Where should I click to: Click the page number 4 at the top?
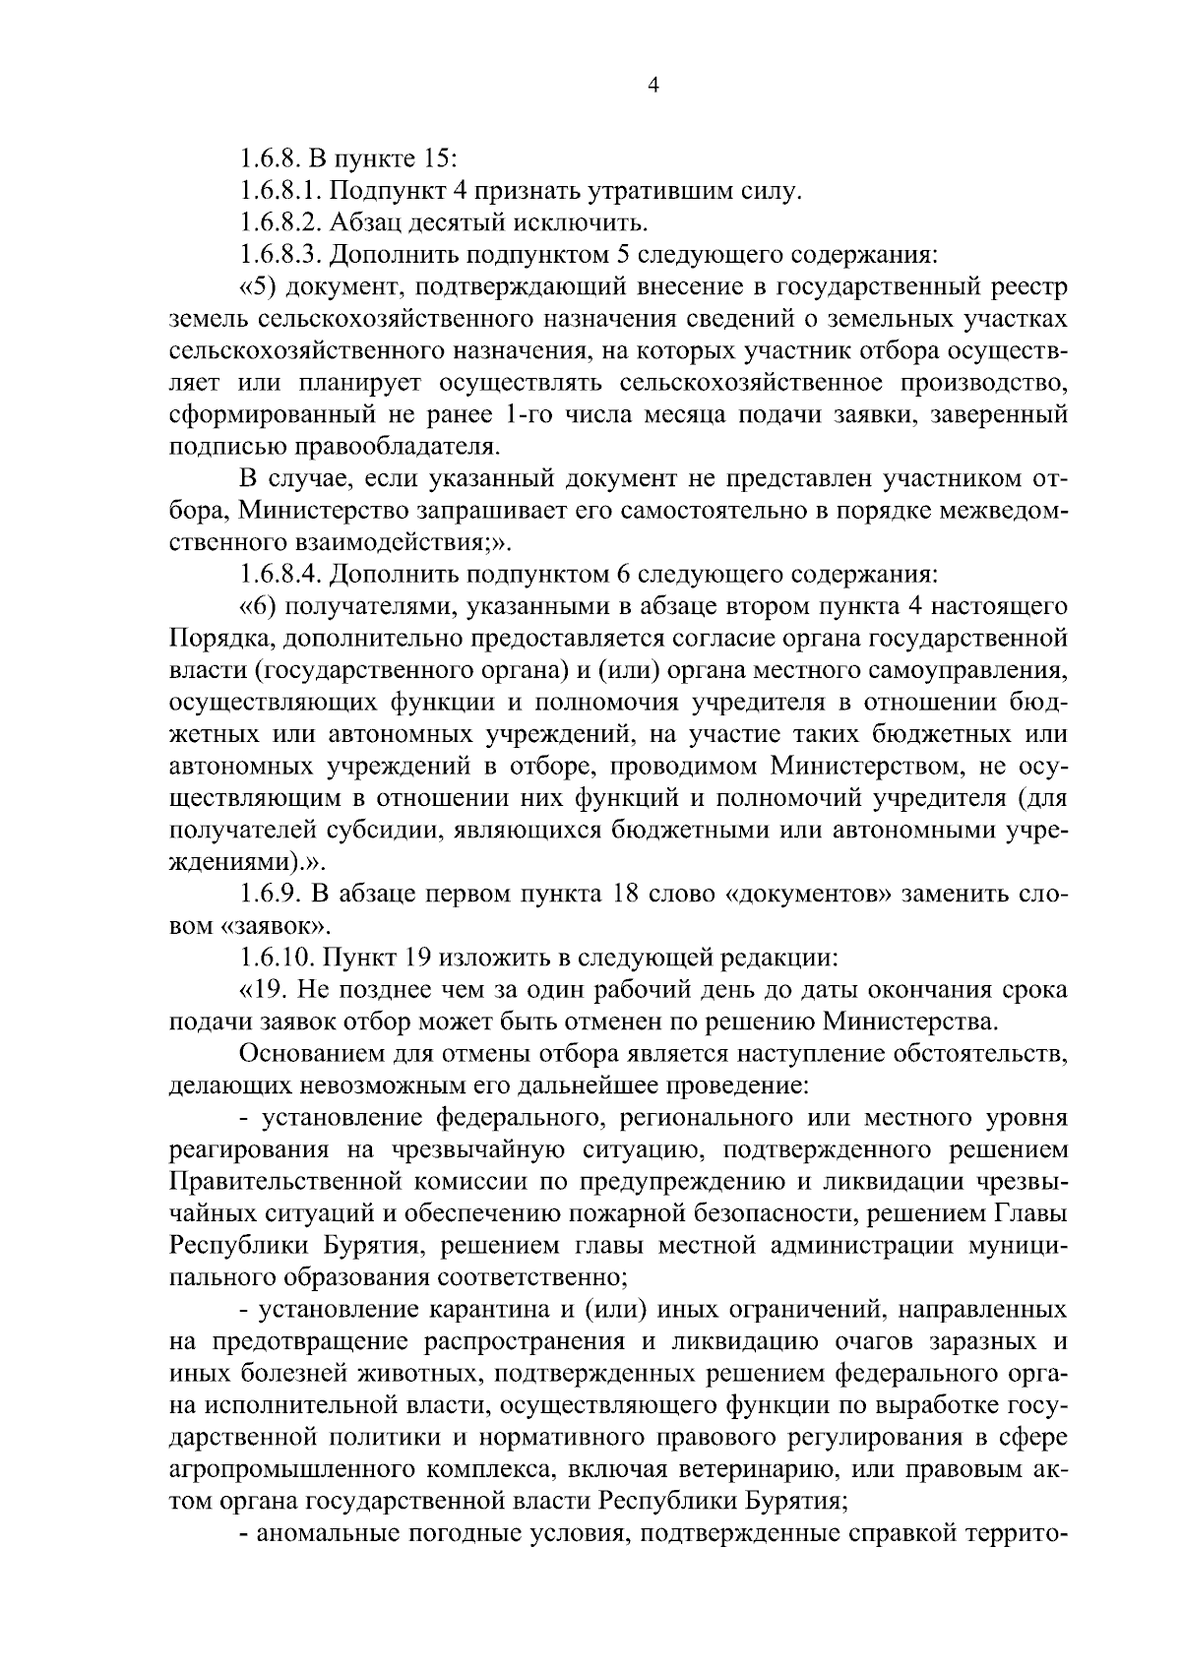click(x=651, y=86)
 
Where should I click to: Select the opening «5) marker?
click(x=259, y=287)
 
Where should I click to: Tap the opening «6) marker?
click(x=259, y=606)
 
